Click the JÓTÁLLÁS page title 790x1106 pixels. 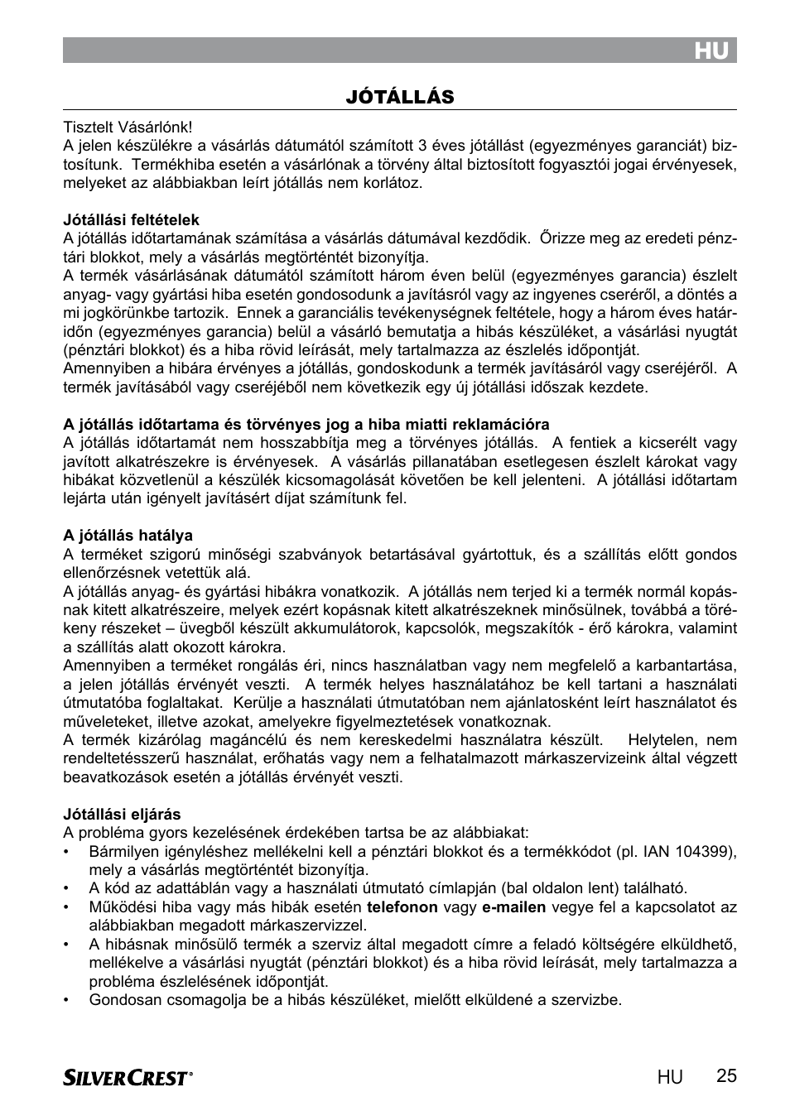point(400,98)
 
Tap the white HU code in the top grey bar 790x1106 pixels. point(711,51)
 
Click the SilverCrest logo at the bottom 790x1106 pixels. point(128,1077)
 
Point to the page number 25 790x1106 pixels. point(725,1076)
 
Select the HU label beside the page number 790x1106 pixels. point(671,1077)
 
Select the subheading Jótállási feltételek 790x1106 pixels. point(132,220)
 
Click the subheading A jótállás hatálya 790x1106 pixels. point(128,536)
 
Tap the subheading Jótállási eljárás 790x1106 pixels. point(122,815)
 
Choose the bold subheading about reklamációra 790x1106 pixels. point(306,425)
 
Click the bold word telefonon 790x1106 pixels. point(402,907)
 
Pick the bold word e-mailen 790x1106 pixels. point(513,907)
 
